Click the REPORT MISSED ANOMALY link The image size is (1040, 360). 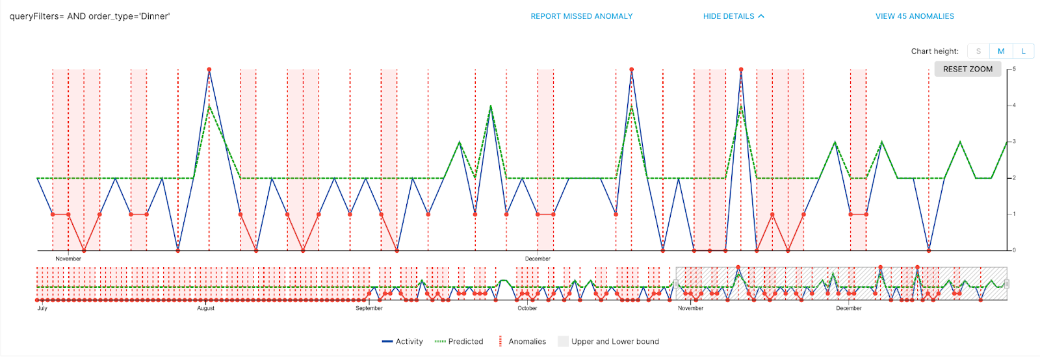point(581,16)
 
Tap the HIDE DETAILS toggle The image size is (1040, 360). point(733,16)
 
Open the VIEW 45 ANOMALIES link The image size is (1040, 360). point(915,16)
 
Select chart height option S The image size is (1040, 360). point(978,51)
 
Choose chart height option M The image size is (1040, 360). point(1001,51)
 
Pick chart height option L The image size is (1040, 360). point(1023,51)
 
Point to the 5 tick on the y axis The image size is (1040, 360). point(1014,69)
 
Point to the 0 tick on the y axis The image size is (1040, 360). point(1014,250)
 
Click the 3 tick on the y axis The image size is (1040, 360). point(1014,142)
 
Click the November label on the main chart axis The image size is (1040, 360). point(68,259)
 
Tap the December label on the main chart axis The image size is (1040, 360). point(538,259)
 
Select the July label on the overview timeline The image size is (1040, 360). point(42,309)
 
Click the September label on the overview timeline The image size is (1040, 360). point(369,309)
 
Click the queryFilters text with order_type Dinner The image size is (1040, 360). point(90,16)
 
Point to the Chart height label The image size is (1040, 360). point(934,51)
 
